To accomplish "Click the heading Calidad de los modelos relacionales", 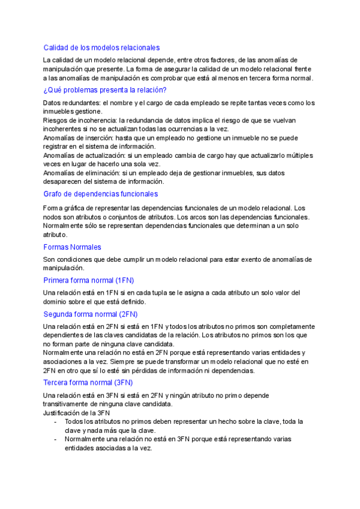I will click(x=101, y=47).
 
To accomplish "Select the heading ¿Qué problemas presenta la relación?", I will click(x=105, y=90).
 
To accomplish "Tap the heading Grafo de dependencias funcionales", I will click(x=101, y=194).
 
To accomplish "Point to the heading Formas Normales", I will click(x=72, y=247).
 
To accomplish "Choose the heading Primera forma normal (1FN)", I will click(x=89, y=280).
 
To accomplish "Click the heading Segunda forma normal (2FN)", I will click(x=91, y=314).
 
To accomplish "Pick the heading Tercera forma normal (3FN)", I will click(x=88, y=382).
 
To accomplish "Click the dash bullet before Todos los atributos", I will click(x=55, y=422).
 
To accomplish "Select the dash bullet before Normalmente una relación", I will click(x=55, y=439).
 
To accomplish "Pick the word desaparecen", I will click(x=65, y=181).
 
